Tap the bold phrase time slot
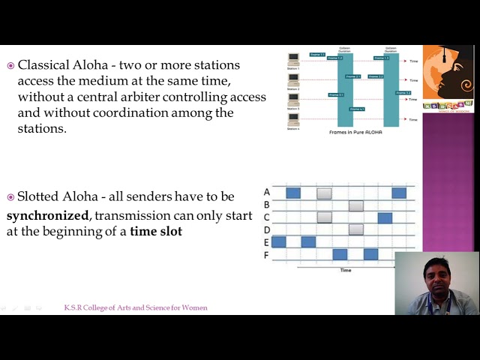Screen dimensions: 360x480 (155, 231)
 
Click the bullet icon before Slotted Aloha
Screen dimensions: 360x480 (10, 197)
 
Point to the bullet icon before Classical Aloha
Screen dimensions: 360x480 (10, 66)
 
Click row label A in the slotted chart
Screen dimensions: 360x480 (267, 192)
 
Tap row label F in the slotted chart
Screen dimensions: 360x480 (267, 254)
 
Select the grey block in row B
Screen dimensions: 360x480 (355, 205)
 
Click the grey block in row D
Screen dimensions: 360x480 (355, 229)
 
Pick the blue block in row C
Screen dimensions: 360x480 (385, 217)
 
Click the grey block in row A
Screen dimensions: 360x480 (324, 193)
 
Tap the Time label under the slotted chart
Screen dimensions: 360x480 (345, 270)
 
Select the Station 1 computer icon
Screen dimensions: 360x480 (293, 58)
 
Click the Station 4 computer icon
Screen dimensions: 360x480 (293, 120)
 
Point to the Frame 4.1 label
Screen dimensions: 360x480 (357, 109)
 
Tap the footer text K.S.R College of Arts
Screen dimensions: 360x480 (136, 307)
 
